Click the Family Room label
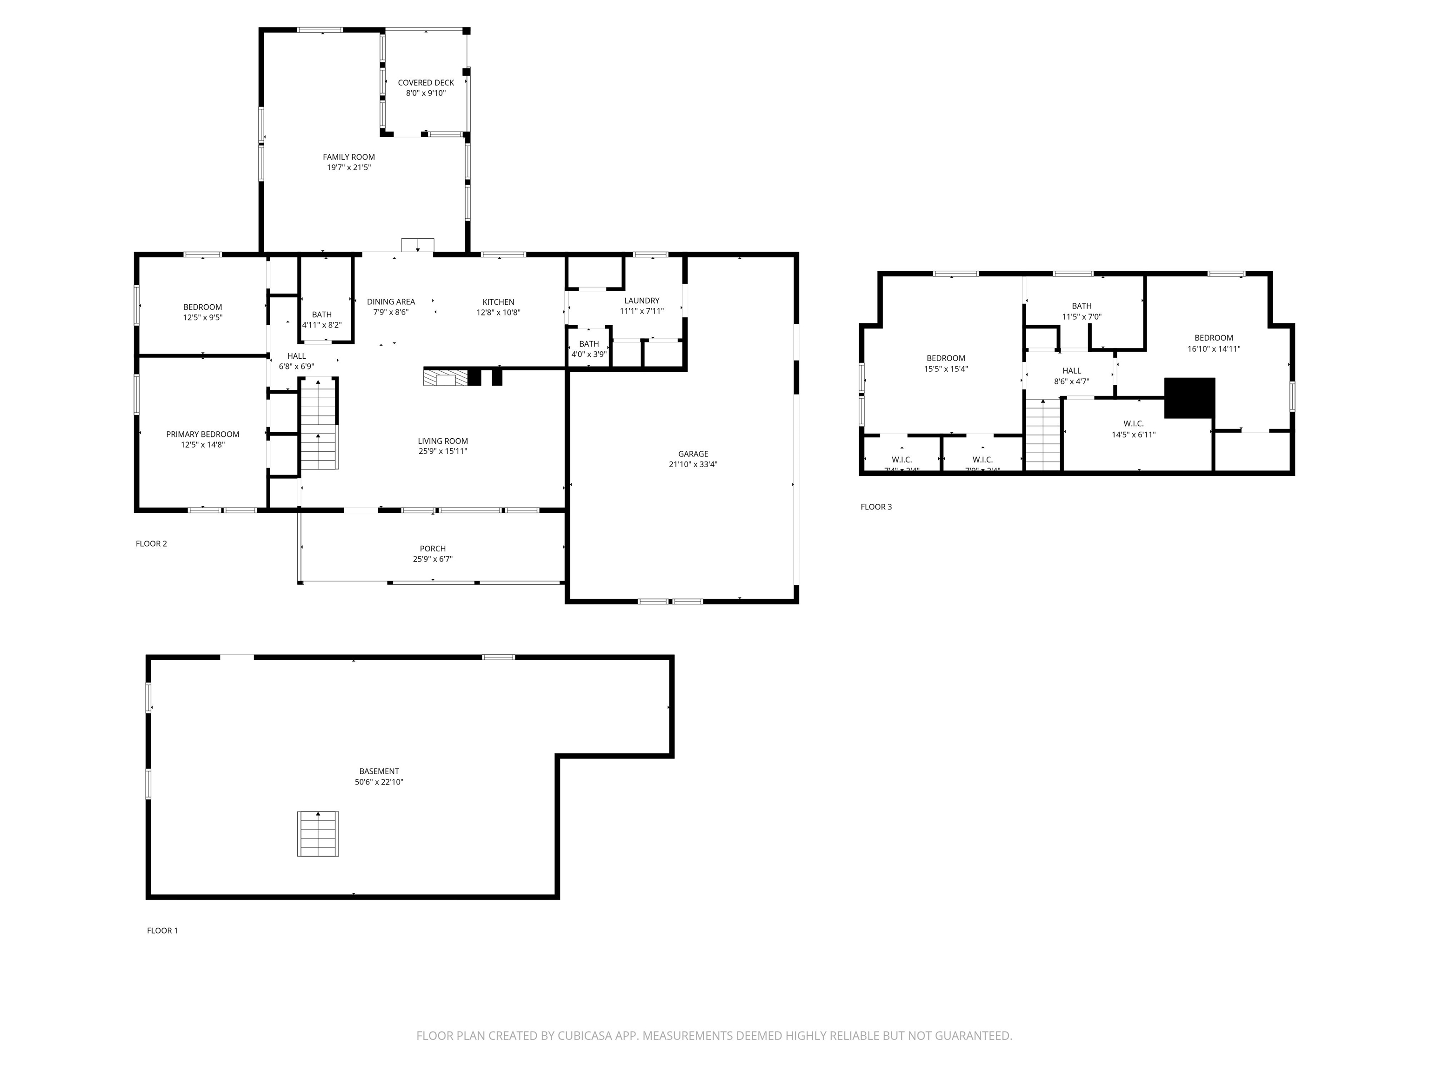point(348,157)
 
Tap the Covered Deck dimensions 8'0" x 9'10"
point(425,93)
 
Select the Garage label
point(693,454)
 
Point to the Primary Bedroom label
point(202,434)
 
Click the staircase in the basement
point(317,834)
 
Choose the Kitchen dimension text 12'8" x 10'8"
point(498,312)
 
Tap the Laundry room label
point(641,301)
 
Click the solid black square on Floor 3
point(1189,397)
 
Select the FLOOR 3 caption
point(875,507)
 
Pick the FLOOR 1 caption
point(162,931)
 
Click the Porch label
point(432,549)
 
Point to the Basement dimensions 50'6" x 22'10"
point(379,782)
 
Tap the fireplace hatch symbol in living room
point(444,377)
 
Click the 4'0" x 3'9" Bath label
point(588,344)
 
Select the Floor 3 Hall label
point(1071,371)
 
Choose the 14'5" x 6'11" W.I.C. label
point(1133,424)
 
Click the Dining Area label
point(390,302)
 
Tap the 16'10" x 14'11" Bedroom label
point(1213,338)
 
